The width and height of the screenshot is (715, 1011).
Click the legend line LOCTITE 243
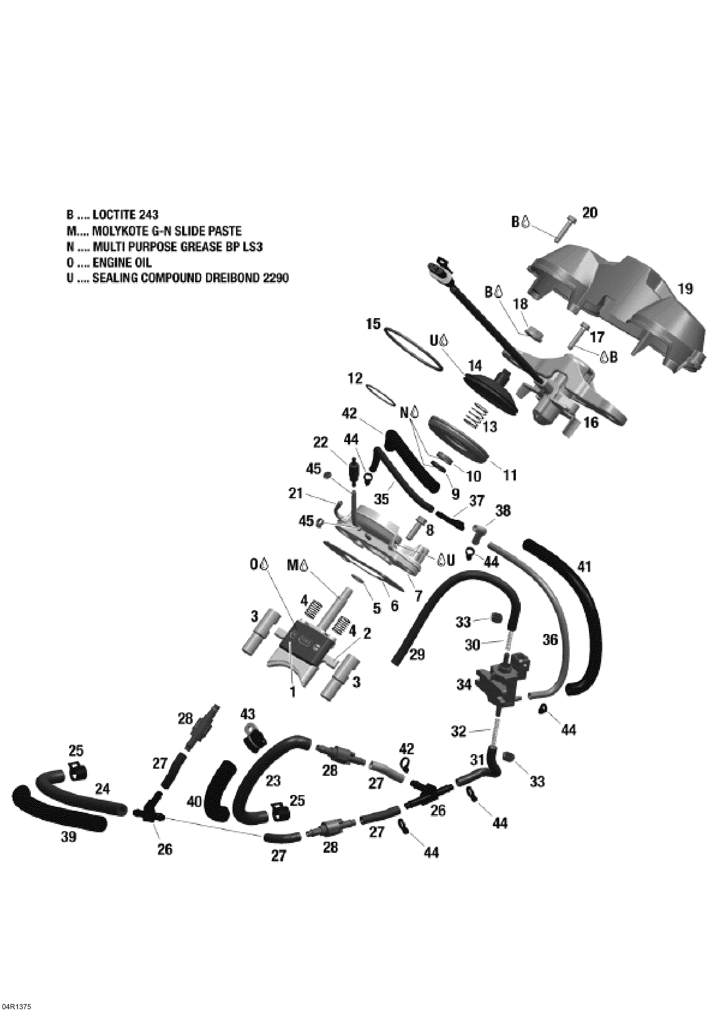click(112, 215)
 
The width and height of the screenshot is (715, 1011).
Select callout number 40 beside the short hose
click(194, 801)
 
